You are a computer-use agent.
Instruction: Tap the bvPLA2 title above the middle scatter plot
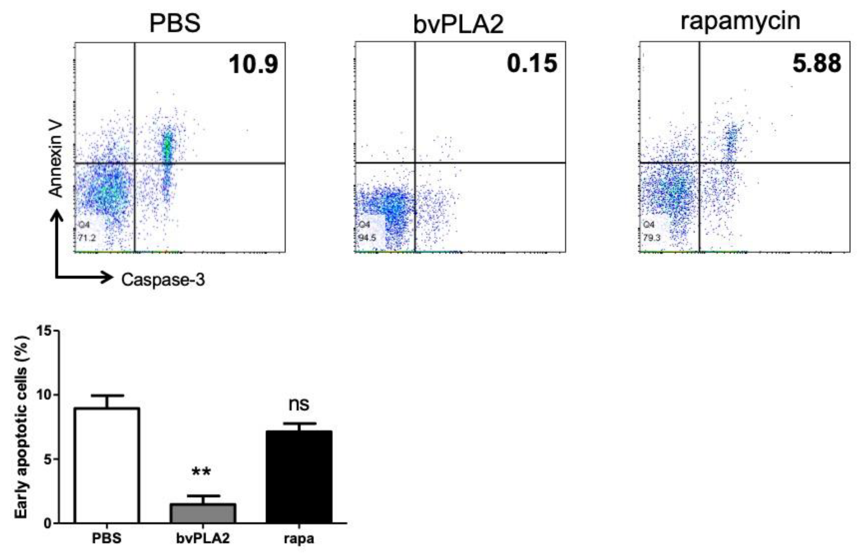click(x=458, y=25)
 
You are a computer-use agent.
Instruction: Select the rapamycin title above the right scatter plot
click(x=740, y=22)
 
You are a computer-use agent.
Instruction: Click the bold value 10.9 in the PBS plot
click(x=253, y=64)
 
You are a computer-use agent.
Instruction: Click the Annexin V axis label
click(x=56, y=159)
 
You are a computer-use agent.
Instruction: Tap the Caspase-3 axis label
click(x=163, y=280)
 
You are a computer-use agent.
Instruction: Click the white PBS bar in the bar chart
click(x=107, y=465)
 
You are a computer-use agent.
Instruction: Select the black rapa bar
click(x=299, y=477)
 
